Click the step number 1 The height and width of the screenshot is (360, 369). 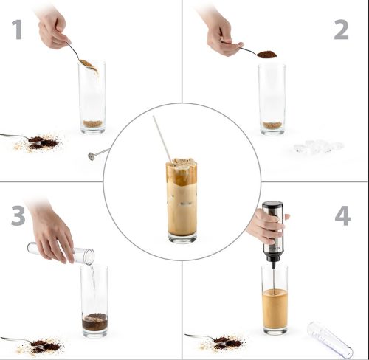[17, 30]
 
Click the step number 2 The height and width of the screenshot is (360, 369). [341, 30]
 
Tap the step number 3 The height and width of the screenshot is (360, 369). [18, 215]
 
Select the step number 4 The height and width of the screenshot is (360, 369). [342, 215]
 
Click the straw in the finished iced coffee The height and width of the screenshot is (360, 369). [162, 139]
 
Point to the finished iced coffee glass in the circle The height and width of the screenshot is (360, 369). [182, 201]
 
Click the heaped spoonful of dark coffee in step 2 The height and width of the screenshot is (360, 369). [266, 54]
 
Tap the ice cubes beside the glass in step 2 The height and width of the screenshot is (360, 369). [319, 146]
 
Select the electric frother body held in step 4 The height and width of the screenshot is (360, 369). [272, 231]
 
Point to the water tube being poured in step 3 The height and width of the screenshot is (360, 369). [61, 252]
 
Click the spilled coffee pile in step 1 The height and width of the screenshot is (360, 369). [39, 143]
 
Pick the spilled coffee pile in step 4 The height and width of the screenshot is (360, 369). [224, 343]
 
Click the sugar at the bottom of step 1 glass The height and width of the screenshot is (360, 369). [92, 124]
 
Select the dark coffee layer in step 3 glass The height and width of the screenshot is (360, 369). [94, 322]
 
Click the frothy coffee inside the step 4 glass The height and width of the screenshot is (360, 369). [275, 309]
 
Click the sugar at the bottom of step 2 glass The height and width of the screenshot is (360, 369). [272, 125]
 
